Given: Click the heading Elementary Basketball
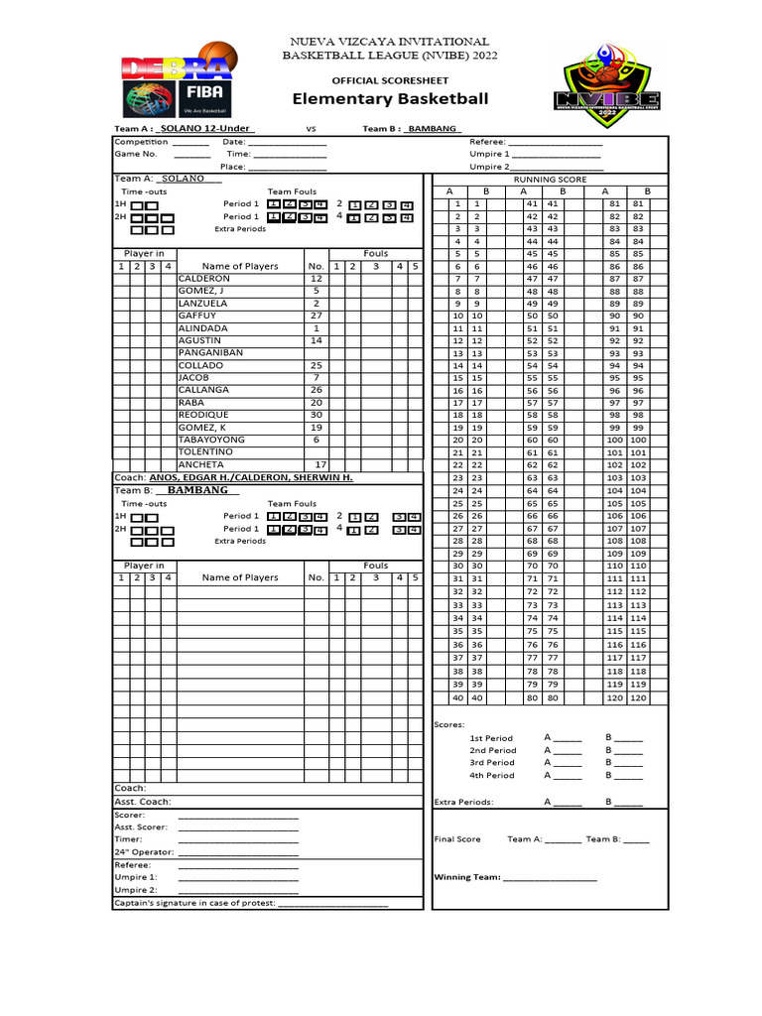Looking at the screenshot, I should tap(390, 99).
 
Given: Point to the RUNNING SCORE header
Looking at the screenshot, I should tap(549, 180).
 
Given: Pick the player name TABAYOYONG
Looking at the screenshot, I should tap(211, 440).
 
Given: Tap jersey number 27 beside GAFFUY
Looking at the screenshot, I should tap(316, 316).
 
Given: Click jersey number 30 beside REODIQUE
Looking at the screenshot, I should tap(316, 415).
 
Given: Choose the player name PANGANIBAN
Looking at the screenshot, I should tap(210, 353).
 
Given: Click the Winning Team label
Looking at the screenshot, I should tap(467, 877).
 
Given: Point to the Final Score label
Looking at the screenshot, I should tap(457, 839).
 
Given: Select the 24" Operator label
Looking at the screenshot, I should tap(144, 852).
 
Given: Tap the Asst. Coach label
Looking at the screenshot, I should tap(143, 802).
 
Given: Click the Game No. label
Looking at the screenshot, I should tap(136, 155).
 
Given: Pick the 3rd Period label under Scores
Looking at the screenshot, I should tap(491, 763).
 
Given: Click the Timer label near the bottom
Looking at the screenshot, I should tap(129, 839).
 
